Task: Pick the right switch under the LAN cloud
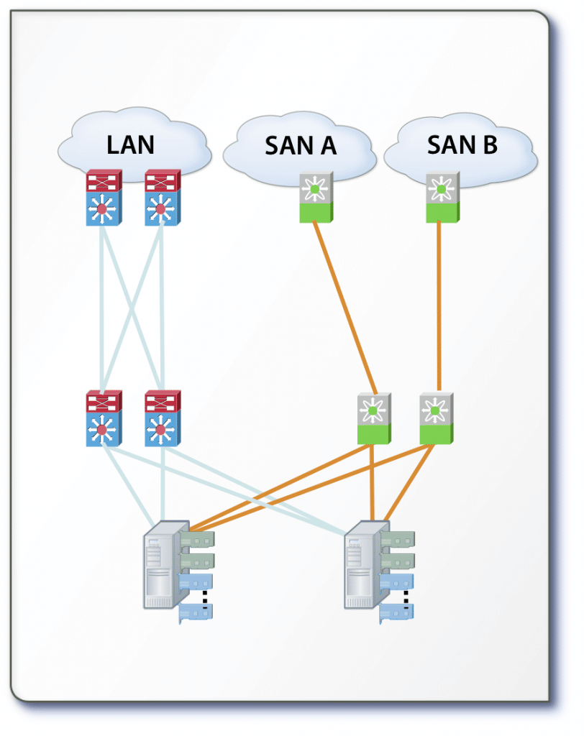click(163, 198)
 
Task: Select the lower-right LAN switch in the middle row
click(163, 418)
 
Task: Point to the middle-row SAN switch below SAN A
click(373, 418)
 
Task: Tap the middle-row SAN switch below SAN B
click(436, 418)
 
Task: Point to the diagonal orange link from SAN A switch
click(345, 309)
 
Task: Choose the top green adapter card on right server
click(398, 540)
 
